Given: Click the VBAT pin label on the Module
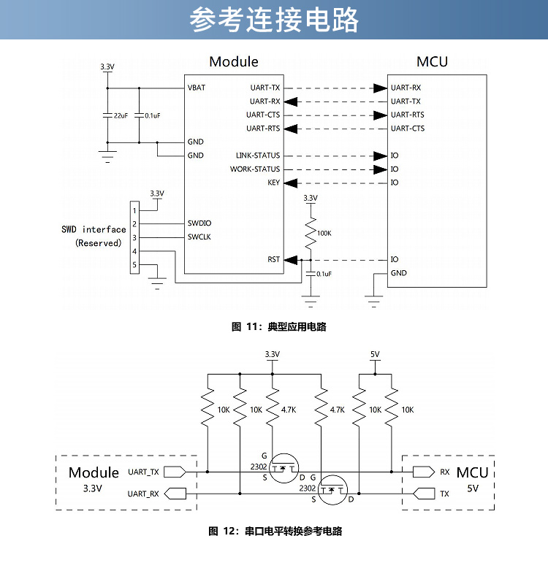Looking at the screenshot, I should (197, 88).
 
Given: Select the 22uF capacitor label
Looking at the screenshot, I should (120, 115).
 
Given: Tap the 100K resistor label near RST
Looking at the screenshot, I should (324, 234).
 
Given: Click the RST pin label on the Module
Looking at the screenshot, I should (273, 259).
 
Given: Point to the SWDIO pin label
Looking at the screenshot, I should (199, 223).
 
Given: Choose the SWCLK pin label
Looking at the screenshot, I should (199, 237).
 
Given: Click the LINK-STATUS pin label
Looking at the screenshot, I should (258, 156).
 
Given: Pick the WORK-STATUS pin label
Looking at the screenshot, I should (255, 169).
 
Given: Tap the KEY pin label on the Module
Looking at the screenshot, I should (274, 183).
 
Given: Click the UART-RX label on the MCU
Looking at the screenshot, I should (406, 88).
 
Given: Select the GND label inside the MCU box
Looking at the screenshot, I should (399, 273).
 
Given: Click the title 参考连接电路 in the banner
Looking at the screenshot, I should (274, 20).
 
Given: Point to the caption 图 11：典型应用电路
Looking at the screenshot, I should (278, 327).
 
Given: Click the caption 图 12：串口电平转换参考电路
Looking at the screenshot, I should (275, 532).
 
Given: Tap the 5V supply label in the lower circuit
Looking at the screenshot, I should (375, 354).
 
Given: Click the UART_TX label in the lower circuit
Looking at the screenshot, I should (143, 472).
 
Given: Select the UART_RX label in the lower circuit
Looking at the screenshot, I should (143, 494).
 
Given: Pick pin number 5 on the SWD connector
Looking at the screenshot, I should (134, 264).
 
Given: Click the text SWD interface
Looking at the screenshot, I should (94, 229).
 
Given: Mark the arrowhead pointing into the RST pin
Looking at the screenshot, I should (291, 259).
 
